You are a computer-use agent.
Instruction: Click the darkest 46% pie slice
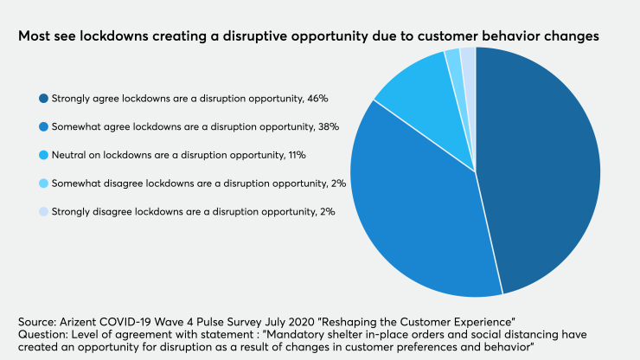click(x=541, y=164)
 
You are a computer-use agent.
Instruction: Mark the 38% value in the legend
click(x=329, y=126)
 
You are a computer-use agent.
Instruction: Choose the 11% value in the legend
click(x=296, y=155)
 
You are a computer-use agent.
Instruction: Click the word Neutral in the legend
click(x=70, y=155)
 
